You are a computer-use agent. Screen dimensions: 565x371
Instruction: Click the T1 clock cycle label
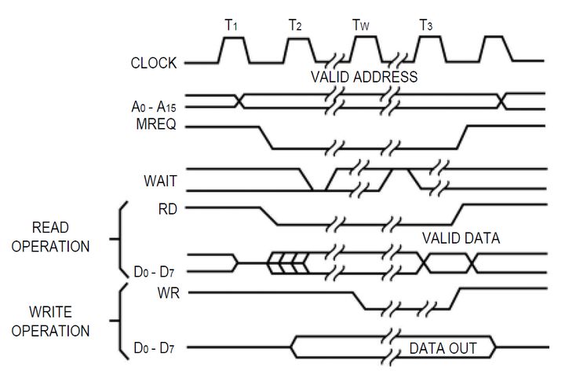click(x=231, y=25)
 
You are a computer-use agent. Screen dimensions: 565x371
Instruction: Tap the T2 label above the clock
click(x=295, y=25)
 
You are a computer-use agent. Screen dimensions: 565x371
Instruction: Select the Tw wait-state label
click(x=360, y=25)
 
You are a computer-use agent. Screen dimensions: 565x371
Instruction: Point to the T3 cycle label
click(x=426, y=25)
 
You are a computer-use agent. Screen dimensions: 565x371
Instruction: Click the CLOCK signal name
click(x=154, y=63)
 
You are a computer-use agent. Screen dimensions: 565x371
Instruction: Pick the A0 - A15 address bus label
click(x=154, y=107)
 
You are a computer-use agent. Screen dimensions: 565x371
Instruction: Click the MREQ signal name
click(x=156, y=124)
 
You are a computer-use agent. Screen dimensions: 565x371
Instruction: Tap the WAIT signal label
click(x=160, y=181)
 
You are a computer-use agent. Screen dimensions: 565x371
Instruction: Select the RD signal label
click(x=168, y=209)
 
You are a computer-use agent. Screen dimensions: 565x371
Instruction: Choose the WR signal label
click(x=168, y=292)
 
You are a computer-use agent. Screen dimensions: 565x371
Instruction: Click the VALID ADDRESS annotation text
click(x=364, y=77)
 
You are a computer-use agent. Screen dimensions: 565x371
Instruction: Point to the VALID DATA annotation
click(x=461, y=238)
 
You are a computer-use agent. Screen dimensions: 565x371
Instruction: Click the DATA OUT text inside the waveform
click(x=443, y=349)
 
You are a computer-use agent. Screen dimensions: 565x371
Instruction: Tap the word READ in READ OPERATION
click(x=50, y=228)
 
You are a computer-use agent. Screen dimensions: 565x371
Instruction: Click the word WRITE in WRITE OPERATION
click(x=50, y=312)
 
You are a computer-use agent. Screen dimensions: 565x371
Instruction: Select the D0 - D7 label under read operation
click(x=154, y=272)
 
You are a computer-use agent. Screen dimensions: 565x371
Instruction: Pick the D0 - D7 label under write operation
click(x=154, y=348)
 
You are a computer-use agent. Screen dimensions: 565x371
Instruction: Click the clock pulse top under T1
click(x=234, y=38)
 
